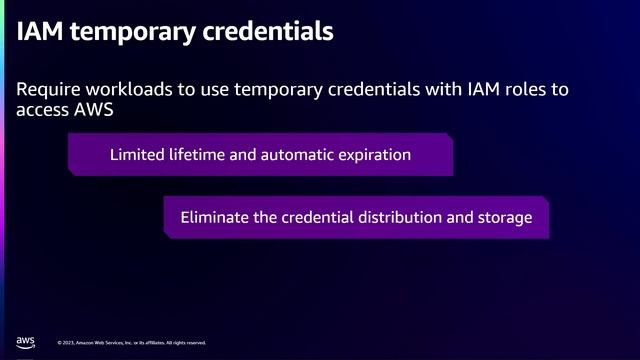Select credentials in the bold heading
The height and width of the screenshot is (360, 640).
(x=269, y=32)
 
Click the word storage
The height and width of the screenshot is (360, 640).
(x=504, y=217)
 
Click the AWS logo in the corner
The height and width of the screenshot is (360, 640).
(x=27, y=341)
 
